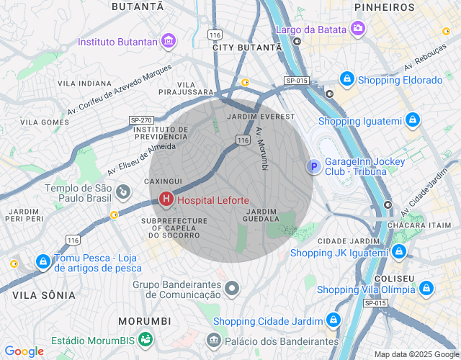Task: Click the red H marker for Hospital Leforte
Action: (166, 198)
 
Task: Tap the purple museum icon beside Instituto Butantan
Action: (169, 41)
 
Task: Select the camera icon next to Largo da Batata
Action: (358, 29)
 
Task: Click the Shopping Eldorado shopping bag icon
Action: (347, 79)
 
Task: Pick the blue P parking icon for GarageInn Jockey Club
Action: (313, 167)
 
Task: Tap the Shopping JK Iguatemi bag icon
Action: (399, 253)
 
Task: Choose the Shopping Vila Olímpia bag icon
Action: (427, 289)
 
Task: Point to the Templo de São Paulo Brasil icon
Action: (123, 193)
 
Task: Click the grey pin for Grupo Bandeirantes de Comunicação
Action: (232, 289)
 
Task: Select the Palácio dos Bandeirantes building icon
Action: (213, 340)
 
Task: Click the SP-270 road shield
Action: (140, 120)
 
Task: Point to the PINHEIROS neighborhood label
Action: (384, 7)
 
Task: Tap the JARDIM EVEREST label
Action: (260, 116)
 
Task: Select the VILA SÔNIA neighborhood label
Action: (44, 295)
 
